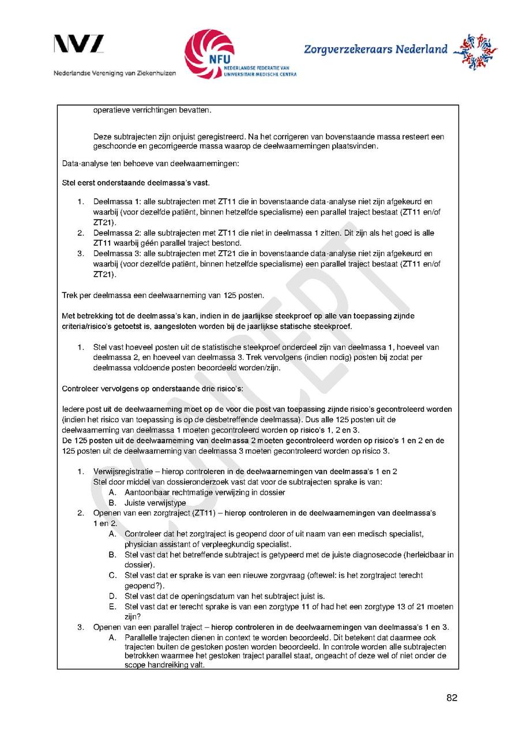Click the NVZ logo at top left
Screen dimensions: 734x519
(x=79, y=44)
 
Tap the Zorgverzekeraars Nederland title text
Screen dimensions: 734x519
(x=375, y=50)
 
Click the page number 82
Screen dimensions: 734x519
(x=452, y=698)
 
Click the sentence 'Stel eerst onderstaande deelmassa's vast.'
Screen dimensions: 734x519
(x=136, y=183)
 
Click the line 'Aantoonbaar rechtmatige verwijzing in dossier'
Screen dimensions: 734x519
(x=205, y=492)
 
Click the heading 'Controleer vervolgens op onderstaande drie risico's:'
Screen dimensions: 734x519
(x=152, y=389)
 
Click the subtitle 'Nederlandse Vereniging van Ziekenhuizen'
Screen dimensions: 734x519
(x=115, y=73)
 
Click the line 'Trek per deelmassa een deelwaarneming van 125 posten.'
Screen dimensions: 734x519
(x=163, y=296)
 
